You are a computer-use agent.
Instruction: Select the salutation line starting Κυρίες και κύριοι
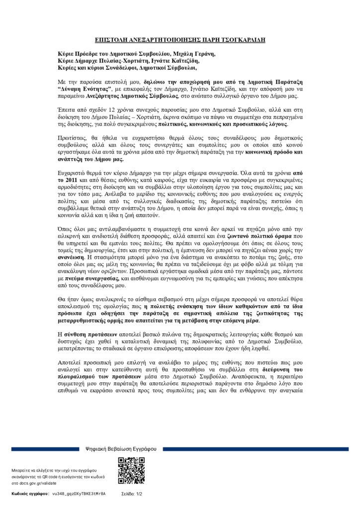[x=127, y=68]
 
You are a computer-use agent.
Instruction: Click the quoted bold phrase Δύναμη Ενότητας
[x=85, y=87]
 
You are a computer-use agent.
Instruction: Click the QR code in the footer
[x=131, y=470]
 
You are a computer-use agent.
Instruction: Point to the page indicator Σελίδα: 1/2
[x=132, y=494]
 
